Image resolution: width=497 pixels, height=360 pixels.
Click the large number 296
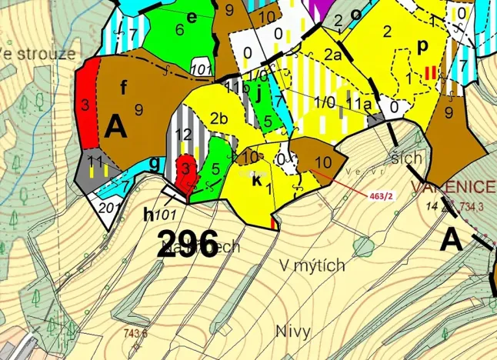tap(188, 245)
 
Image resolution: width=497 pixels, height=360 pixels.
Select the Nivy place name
tap(292, 332)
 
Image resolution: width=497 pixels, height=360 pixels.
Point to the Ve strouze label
tap(38, 54)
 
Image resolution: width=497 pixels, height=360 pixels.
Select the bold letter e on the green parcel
tap(192, 17)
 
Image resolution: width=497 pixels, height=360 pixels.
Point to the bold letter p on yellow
tap(422, 46)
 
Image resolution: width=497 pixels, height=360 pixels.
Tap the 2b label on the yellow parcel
tap(217, 118)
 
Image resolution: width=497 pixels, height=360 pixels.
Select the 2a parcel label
tap(332, 55)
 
